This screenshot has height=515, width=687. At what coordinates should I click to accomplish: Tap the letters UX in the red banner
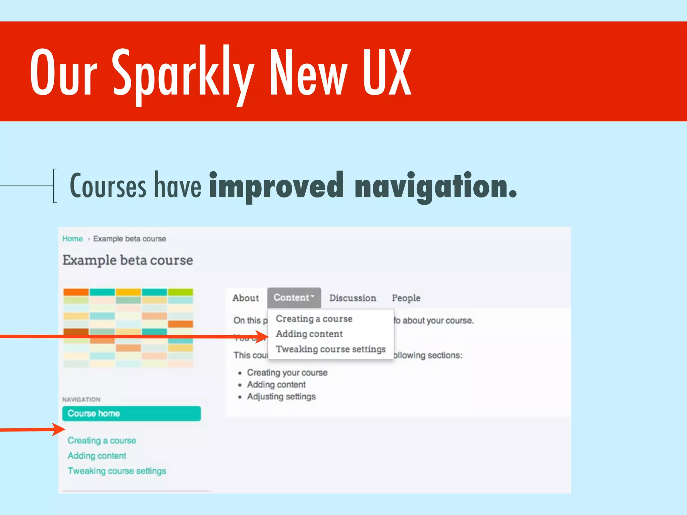[386, 72]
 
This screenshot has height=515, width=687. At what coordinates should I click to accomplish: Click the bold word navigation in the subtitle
[435, 186]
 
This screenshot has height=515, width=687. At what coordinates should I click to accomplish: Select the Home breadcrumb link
[72, 239]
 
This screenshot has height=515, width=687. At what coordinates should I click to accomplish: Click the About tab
[246, 298]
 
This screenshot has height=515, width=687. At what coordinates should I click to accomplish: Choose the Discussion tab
[353, 298]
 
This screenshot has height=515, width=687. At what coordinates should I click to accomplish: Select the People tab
[406, 298]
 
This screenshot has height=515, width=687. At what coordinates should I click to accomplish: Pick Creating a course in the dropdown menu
[314, 319]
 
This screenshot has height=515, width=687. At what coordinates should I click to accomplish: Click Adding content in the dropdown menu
[309, 334]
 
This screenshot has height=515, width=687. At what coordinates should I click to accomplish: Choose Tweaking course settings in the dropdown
[331, 349]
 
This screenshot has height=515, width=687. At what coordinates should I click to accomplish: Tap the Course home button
[131, 413]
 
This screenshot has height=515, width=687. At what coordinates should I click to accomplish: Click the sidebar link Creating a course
[102, 441]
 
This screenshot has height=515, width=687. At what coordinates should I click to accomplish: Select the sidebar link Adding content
[97, 456]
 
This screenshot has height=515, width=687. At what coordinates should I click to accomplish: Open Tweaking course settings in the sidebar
[117, 471]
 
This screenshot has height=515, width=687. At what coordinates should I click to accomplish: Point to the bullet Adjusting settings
[281, 397]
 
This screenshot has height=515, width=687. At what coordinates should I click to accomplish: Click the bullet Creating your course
[287, 373]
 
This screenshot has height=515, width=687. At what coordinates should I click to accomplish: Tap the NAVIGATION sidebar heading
[81, 400]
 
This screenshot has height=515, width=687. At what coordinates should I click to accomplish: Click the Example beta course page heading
[128, 261]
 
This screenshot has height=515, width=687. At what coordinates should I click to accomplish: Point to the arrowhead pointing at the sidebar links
[60, 429]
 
